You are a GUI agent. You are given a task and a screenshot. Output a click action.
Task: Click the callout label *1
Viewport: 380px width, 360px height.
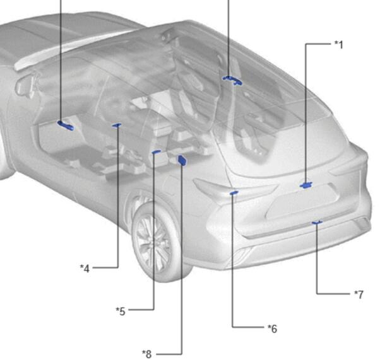click(339, 45)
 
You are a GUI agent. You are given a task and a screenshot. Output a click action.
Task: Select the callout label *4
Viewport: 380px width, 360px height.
click(85, 269)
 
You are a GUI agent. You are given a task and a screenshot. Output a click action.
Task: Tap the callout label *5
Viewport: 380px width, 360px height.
click(121, 311)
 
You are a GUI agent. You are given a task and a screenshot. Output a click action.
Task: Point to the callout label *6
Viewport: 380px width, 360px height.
click(272, 328)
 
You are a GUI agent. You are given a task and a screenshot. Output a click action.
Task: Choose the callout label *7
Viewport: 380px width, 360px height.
click(359, 294)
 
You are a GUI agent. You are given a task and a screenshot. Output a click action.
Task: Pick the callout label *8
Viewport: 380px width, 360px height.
click(147, 354)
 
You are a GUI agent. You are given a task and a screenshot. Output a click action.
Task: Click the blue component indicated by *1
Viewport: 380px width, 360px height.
click(306, 185)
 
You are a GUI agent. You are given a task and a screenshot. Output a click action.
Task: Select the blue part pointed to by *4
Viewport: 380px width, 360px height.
click(117, 125)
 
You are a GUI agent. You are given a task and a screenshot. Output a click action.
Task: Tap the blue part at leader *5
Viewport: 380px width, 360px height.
click(157, 152)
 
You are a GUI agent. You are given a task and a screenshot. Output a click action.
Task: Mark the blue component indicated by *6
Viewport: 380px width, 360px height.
click(234, 193)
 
